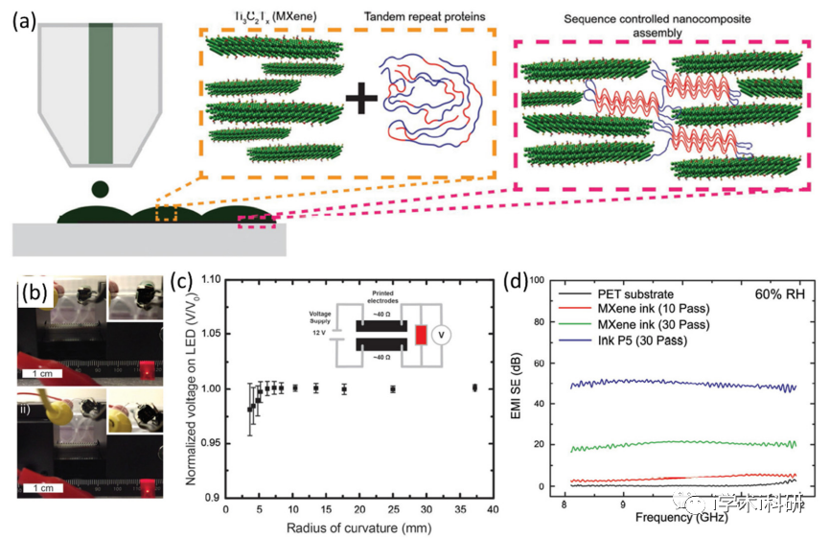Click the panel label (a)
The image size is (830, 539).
pos(22,20)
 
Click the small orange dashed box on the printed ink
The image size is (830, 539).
pos(168,212)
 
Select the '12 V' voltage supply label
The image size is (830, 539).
pos(319,334)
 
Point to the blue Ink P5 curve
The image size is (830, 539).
pos(671,384)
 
